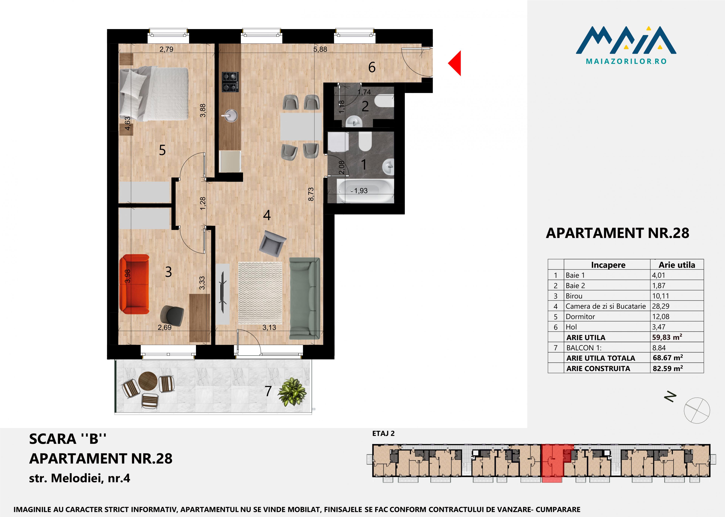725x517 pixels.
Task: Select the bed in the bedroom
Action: click(154, 94)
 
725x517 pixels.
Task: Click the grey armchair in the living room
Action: click(273, 243)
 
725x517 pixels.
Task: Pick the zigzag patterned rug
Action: click(260, 293)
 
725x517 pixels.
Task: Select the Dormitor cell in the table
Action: click(580, 316)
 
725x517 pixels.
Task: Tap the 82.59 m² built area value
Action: click(668, 368)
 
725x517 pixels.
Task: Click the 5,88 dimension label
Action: click(320, 49)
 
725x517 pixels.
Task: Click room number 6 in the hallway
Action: click(372, 67)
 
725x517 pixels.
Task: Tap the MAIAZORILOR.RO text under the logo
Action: click(626, 62)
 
